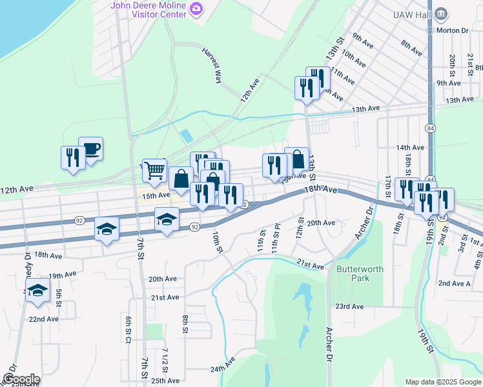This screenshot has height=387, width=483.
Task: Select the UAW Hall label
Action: point(409,14)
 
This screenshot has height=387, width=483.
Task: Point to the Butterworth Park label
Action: point(353,273)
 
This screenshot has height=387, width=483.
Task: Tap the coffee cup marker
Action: point(91,149)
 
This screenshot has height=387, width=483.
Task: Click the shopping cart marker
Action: point(155,170)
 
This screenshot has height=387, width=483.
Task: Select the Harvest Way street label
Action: point(212,64)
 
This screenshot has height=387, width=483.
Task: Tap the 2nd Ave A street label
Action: point(455,283)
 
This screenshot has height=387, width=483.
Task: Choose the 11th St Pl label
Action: point(276,242)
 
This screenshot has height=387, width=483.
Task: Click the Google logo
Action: point(21,379)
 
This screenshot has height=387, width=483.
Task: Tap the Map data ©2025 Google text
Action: point(442,382)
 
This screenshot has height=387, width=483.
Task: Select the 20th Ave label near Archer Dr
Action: point(321,223)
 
